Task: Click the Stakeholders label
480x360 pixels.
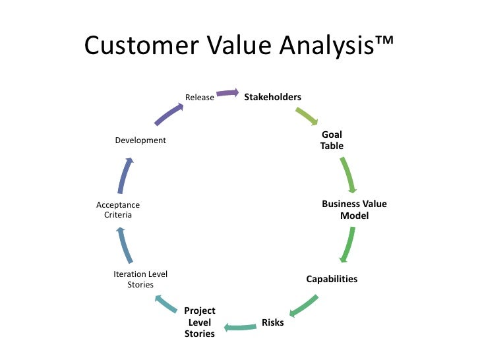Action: point(272,98)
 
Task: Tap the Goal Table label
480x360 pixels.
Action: point(332,140)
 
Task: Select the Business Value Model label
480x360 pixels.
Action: point(354,210)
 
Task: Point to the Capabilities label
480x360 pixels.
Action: point(332,279)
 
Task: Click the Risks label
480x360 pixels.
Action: point(273,322)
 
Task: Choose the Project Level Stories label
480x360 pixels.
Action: point(200,322)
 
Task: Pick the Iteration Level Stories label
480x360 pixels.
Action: point(140,280)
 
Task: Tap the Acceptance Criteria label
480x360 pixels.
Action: point(118,210)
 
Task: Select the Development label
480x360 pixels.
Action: point(140,140)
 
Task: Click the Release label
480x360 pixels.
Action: point(199,98)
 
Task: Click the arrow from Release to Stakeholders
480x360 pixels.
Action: point(228,94)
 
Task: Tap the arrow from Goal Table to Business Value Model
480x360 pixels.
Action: point(349,174)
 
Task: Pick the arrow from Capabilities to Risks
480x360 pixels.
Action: point(305,305)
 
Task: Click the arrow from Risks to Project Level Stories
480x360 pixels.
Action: point(240,326)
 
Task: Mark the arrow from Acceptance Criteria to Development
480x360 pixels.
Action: point(125,175)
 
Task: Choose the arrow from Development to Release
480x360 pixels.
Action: point(169,113)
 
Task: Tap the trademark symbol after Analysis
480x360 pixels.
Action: point(381,42)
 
